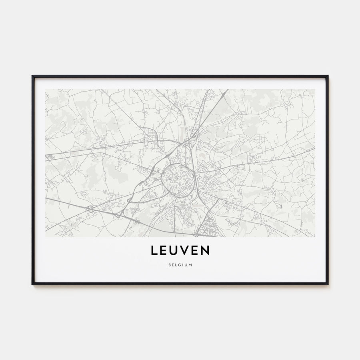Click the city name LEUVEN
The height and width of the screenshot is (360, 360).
(180, 250)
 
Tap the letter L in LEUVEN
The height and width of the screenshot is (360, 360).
(154, 250)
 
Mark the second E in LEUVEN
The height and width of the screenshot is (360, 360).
(196, 250)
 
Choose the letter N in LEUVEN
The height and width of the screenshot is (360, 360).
(206, 250)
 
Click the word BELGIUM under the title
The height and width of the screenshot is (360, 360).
(180, 265)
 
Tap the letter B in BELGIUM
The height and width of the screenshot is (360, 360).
(170, 265)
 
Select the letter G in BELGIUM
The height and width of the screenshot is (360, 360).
(180, 265)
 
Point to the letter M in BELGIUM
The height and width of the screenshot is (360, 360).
(190, 265)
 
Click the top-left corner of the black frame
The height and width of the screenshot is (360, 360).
(32, 76)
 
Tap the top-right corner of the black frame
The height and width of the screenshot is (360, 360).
(328, 76)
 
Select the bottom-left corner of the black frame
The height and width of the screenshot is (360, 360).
(32, 284)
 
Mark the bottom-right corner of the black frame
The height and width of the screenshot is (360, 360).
(328, 284)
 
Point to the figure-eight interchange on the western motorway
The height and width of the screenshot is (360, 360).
(91, 208)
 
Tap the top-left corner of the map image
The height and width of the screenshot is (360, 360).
(45, 89)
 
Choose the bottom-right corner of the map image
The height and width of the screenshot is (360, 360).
(315, 237)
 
